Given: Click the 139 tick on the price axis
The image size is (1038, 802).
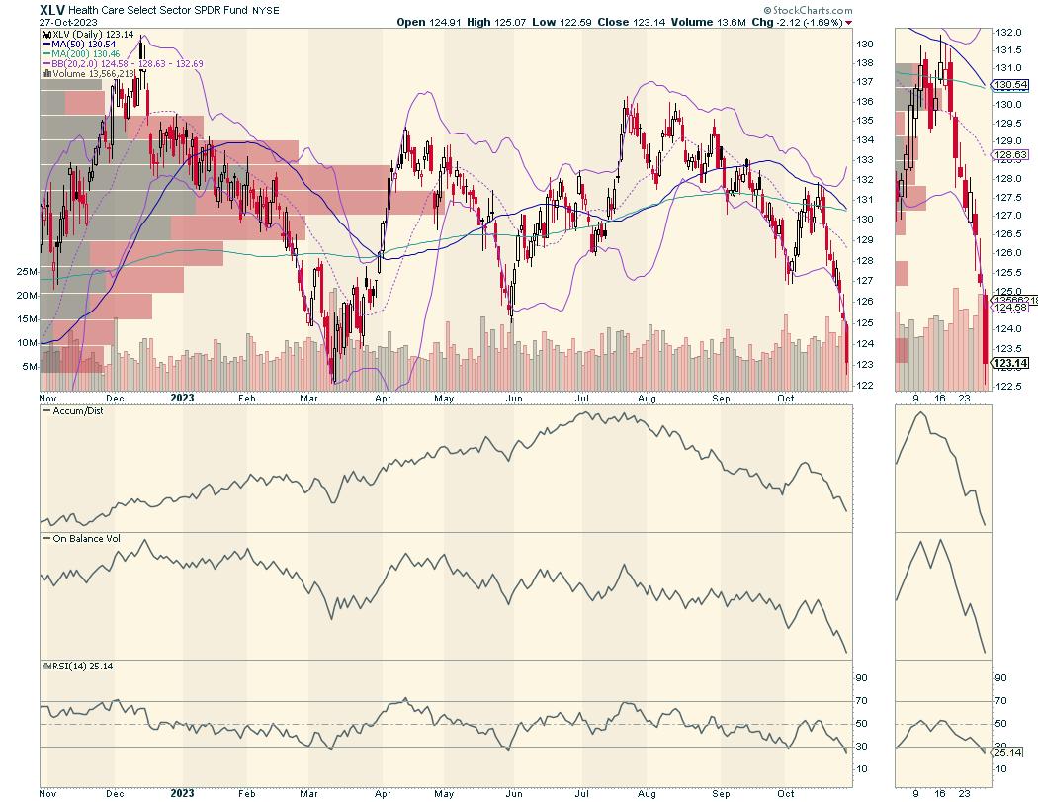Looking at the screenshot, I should pyautogui.click(x=863, y=45).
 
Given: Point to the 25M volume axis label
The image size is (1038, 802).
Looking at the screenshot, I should pyautogui.click(x=26, y=271).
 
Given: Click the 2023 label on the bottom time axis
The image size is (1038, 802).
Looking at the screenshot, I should pyautogui.click(x=183, y=792).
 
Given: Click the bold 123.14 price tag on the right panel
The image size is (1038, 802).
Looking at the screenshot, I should pyautogui.click(x=1008, y=363).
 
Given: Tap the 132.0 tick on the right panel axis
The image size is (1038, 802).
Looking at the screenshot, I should pyautogui.click(x=1007, y=32).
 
